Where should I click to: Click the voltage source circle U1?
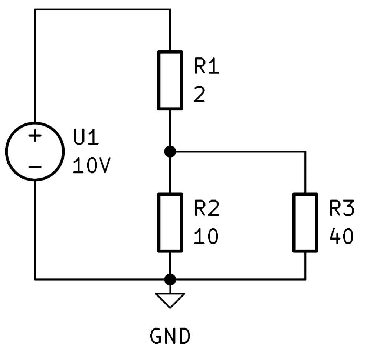click(6, 152)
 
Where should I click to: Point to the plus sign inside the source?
click(35, 136)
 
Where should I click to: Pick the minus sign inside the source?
click(35, 166)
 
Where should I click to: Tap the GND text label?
click(170, 336)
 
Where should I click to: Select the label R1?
click(206, 66)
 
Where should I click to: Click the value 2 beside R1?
click(199, 95)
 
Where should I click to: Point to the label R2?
click(207, 208)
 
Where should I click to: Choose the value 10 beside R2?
click(206, 237)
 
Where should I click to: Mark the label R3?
click(342, 208)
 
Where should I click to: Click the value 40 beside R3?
click(341, 237)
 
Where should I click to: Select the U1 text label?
click(86, 137)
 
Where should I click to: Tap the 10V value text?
click(92, 165)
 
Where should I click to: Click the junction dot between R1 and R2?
click(170, 152)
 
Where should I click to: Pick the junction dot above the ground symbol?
click(170, 280)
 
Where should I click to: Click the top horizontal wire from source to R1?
click(102, 9)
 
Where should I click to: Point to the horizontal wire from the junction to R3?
click(238, 152)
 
